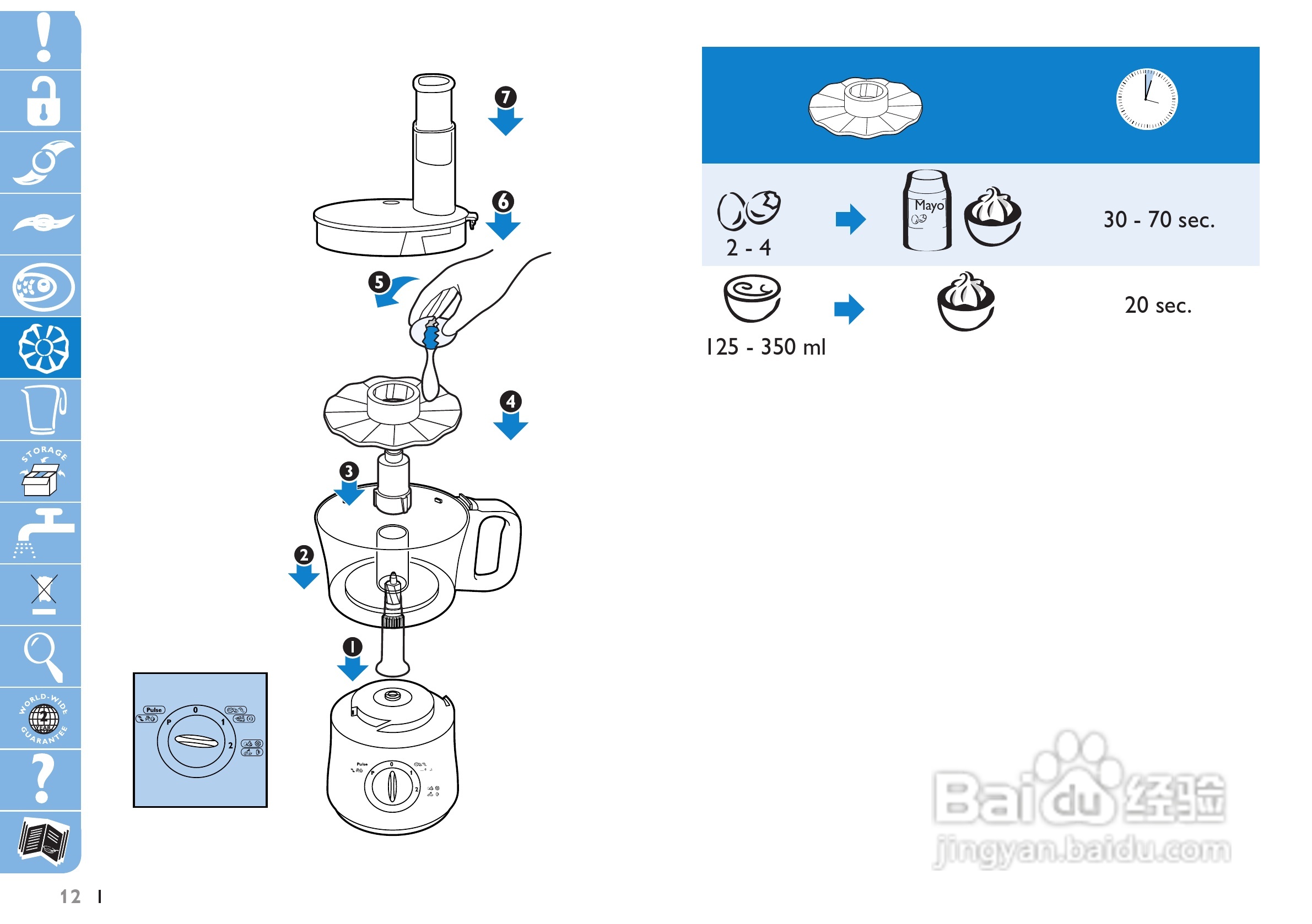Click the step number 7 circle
pos(505,97)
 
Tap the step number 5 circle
pos(379,282)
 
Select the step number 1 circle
pos(353,646)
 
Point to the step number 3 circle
pos(349,471)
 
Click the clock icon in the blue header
pos(1146,99)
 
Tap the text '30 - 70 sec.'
pos(1158,220)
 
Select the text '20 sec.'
pos(1158,306)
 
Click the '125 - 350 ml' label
pos(765,347)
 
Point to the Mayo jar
pos(927,211)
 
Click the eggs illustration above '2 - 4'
pos(748,210)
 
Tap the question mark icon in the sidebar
pos(41,779)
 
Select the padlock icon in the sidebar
pos(43,102)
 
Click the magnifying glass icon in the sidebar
pos(42,656)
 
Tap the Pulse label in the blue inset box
pos(154,710)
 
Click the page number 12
pos(71,896)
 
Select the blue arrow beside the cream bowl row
pos(849,309)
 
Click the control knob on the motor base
pos(391,786)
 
